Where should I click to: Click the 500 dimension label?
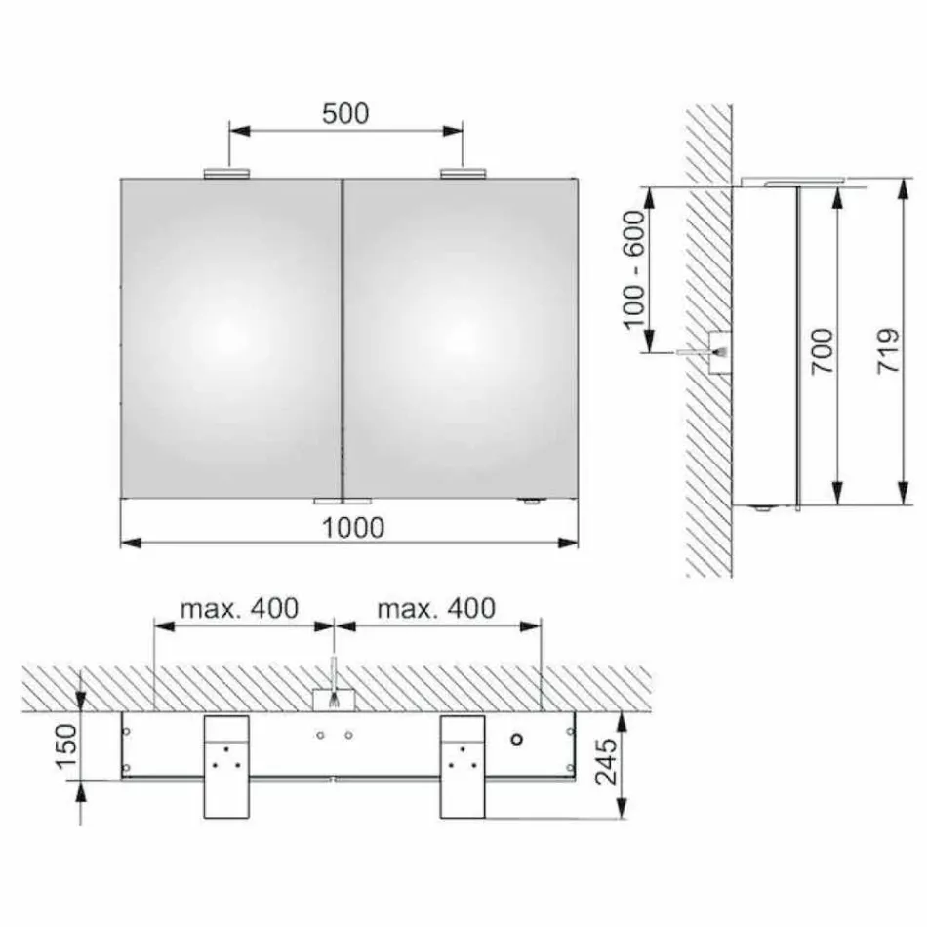tap(345, 114)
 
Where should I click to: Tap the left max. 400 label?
tap(238, 609)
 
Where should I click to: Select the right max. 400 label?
tap(436, 609)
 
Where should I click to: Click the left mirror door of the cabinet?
tap(230, 337)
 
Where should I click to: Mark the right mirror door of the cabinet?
tap(460, 337)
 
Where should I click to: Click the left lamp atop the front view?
tap(227, 174)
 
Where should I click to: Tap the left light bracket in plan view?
tap(224, 765)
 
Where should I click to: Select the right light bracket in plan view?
tap(462, 765)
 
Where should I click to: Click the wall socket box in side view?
tap(719, 351)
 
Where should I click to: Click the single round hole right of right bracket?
tap(517, 739)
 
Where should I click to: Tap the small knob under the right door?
tap(530, 502)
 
